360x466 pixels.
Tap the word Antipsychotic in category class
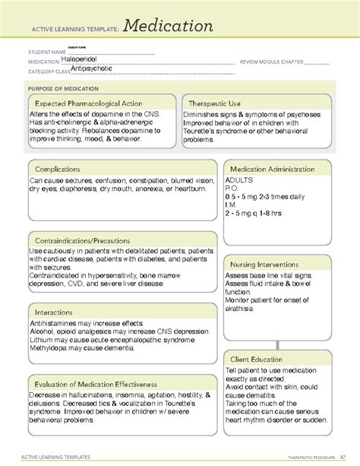coord(92,68)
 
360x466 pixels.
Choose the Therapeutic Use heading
coord(215,102)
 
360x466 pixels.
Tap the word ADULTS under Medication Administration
coord(240,181)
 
